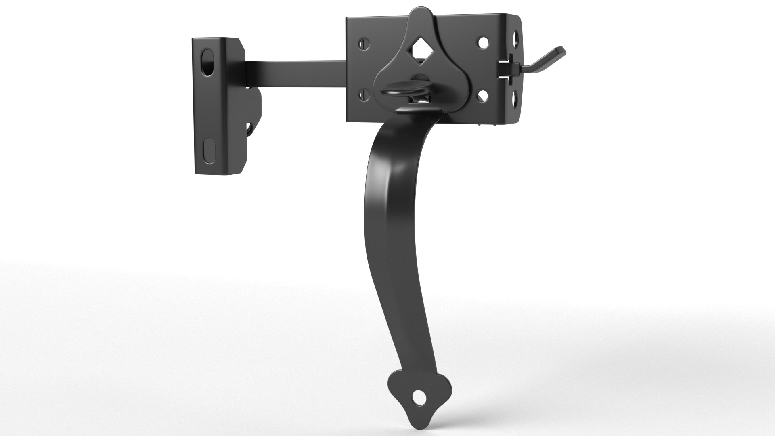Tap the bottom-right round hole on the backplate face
point(483,95)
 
